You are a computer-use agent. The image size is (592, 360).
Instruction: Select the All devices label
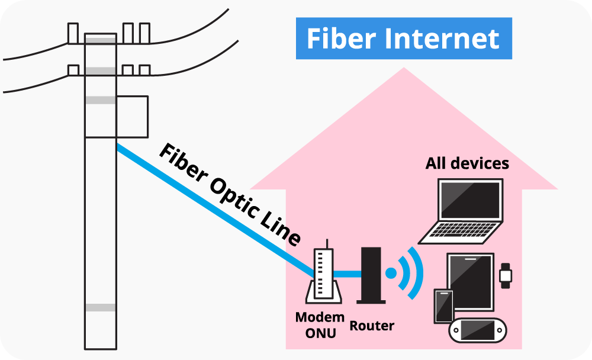point(467,163)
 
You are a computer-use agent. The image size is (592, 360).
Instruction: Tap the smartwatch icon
point(505,275)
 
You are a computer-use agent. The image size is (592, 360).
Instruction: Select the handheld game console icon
point(478,330)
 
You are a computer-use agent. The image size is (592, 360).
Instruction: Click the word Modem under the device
point(320,317)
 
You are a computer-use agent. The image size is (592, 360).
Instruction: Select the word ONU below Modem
point(320,333)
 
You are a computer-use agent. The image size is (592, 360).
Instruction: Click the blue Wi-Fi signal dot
point(391,273)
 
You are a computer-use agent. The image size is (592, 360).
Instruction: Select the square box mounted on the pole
point(132,117)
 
